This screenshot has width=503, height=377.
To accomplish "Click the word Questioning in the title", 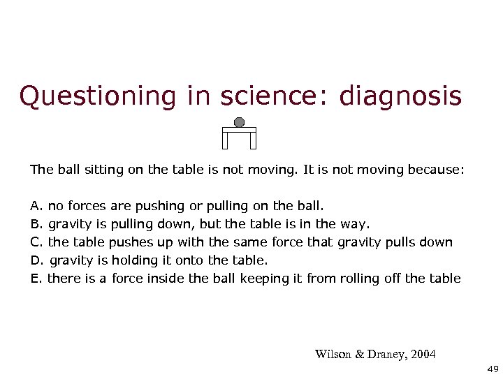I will tap(99, 96).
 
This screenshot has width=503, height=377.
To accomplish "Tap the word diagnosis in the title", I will tap(400, 96).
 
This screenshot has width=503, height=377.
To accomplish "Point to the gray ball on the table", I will tap(239, 122).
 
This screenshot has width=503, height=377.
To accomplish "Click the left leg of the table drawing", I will tap(225, 140).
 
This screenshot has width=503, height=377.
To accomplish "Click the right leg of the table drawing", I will tap(253, 140).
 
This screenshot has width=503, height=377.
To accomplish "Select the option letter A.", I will tap(36, 206).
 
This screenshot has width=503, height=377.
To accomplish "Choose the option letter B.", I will tap(36, 224).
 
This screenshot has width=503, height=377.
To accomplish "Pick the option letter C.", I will tap(36, 242).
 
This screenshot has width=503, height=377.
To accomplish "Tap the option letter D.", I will tap(36, 260).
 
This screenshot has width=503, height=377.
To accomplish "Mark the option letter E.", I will tap(36, 279).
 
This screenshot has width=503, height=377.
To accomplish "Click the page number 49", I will tap(490, 368).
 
